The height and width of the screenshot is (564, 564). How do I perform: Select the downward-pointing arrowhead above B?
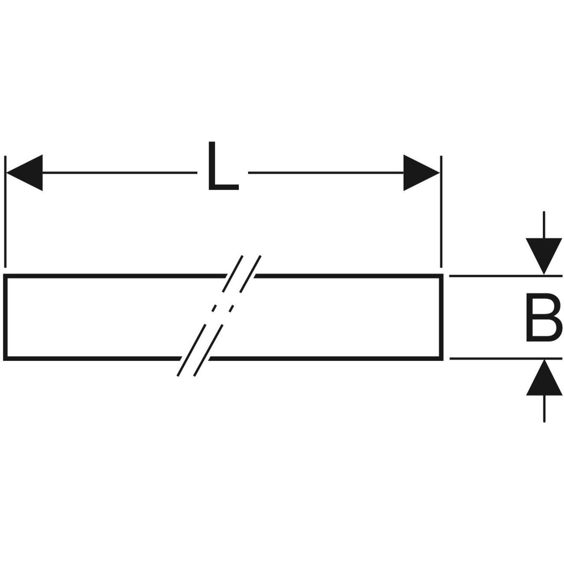point(543,256)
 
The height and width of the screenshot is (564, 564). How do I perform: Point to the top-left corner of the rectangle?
point(6,276)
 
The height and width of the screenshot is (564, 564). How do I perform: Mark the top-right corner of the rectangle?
point(441,276)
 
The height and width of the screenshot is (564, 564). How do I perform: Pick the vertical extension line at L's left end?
point(5,211)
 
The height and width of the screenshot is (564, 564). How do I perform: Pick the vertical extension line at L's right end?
point(441,211)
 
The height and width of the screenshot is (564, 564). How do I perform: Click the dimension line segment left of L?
point(117,173)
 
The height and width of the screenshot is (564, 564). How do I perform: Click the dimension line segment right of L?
point(324,173)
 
